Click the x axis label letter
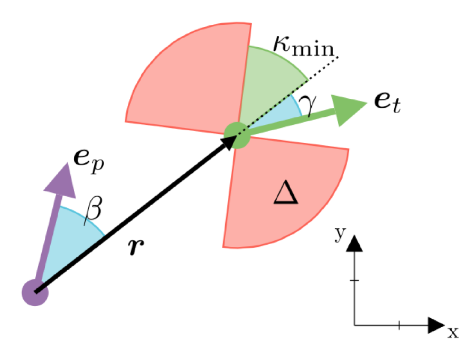coord(453,333)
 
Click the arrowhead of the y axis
coord(355,244)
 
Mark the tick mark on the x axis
coord(399,325)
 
